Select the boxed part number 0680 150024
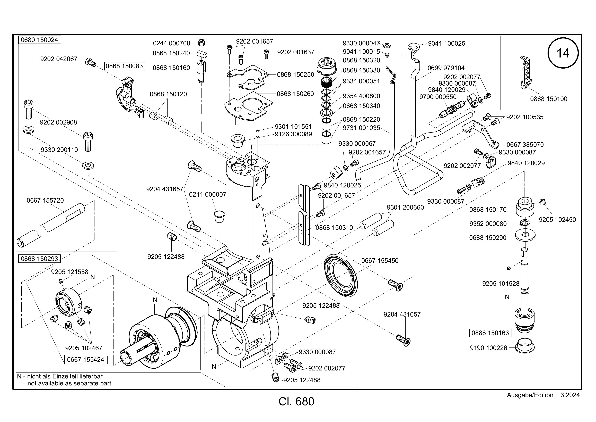[x=39, y=40]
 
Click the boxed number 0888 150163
[x=490, y=333]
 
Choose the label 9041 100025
[x=446, y=43]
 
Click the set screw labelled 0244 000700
[x=202, y=43]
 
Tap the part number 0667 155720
[x=45, y=200]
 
